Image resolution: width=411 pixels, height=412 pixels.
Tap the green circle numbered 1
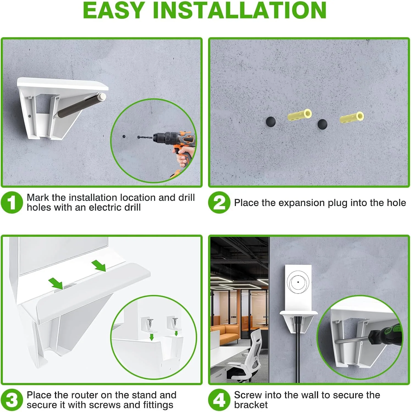click(12, 202)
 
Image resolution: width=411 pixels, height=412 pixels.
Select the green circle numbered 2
click(219, 202)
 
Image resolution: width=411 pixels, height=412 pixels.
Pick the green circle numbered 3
click(12, 400)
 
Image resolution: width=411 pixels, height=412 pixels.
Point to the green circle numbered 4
click(219, 400)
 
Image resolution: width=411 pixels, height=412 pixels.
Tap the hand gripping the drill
click(183, 157)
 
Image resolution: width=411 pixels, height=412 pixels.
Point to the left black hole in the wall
click(271, 121)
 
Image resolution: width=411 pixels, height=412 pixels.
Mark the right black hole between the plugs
click(322, 124)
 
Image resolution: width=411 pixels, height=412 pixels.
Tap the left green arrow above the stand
click(56, 283)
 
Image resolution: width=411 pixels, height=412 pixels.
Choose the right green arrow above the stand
click(99, 266)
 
